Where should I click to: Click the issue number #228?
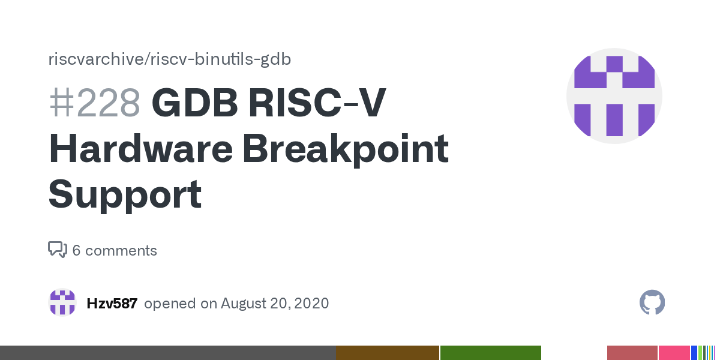(x=94, y=103)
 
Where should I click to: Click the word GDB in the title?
(x=194, y=103)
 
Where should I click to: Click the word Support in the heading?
(x=125, y=194)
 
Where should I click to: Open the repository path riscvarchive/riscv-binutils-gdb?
(x=170, y=59)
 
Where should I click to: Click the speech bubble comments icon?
(x=57, y=250)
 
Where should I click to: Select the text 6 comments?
(x=115, y=250)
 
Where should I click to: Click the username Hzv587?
(x=112, y=303)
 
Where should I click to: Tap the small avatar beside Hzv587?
(x=62, y=303)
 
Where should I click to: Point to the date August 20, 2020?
(x=274, y=303)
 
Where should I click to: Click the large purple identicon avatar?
(x=614, y=96)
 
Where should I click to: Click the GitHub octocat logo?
(x=652, y=303)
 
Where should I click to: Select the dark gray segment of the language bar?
(x=167, y=353)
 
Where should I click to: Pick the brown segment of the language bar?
(x=388, y=353)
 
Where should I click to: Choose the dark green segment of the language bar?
(x=491, y=353)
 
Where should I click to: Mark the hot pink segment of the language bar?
(x=674, y=353)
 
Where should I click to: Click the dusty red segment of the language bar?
(x=632, y=353)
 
